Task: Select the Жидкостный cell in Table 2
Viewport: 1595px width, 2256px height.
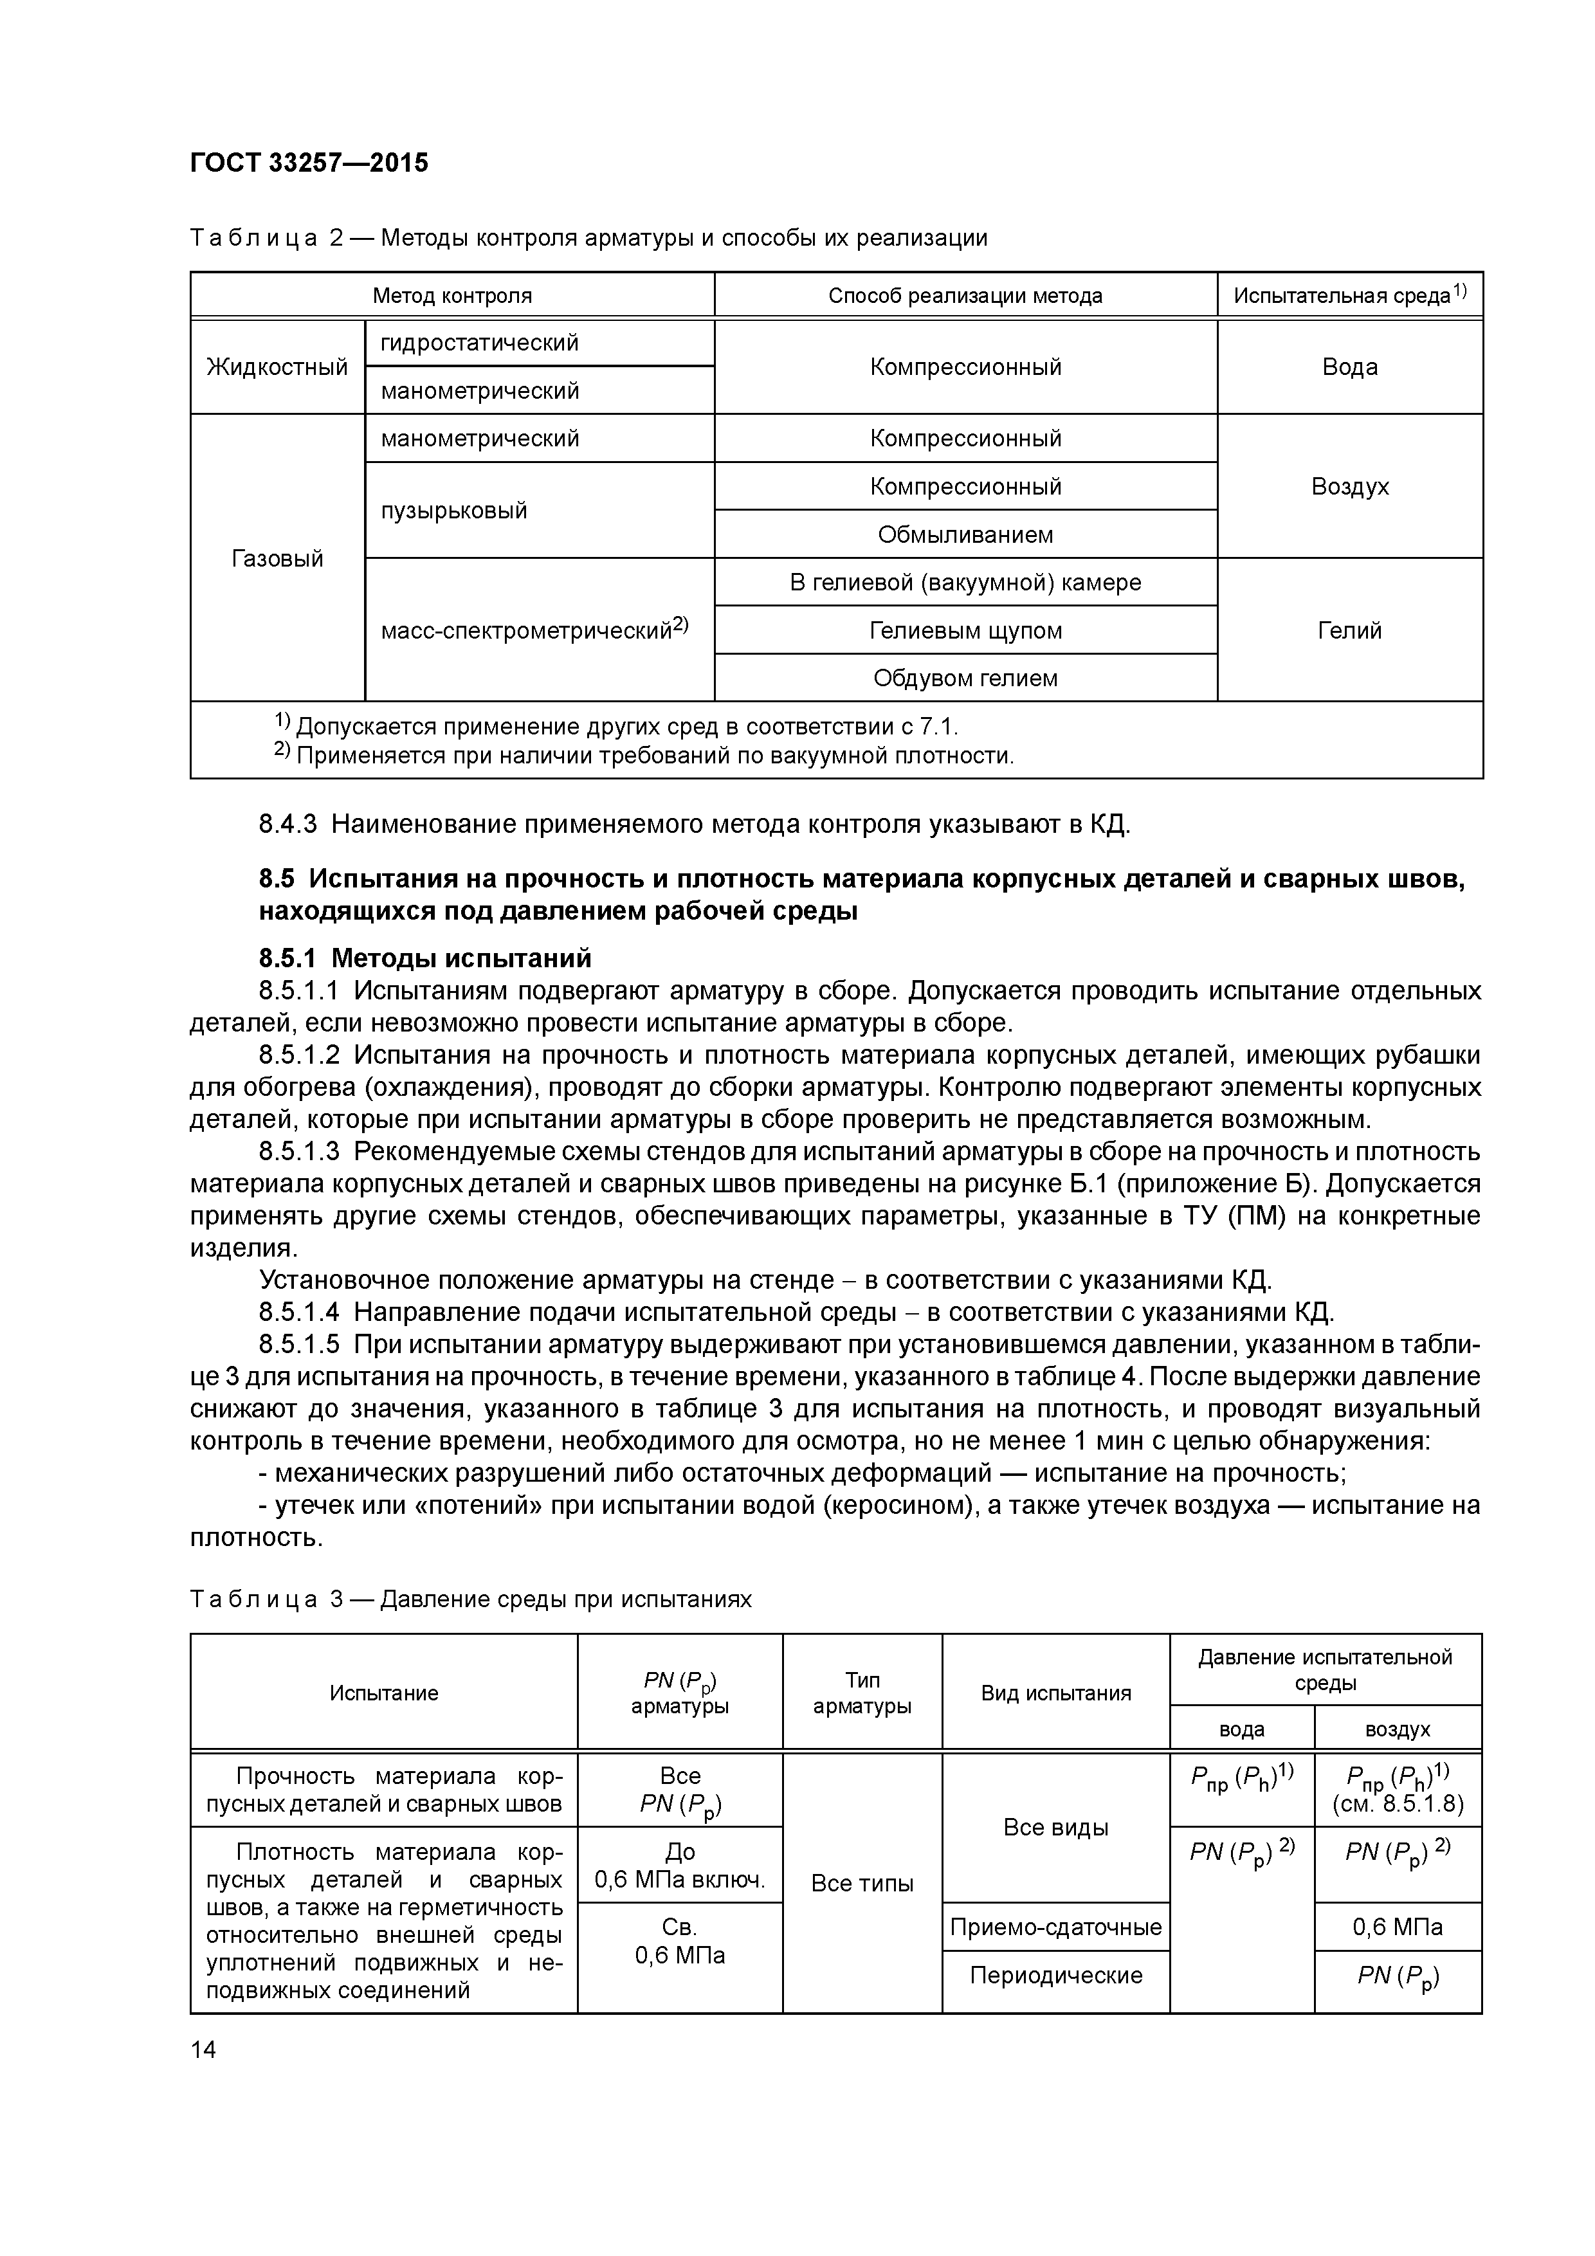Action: pos(277,367)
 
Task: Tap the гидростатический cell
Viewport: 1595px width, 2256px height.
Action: pos(480,343)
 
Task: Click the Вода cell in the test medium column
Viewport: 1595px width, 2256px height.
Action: pos(1349,367)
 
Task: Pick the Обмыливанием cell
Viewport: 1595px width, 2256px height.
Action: pos(965,534)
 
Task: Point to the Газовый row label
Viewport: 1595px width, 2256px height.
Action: pos(277,558)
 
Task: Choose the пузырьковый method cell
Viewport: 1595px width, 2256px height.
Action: pos(454,510)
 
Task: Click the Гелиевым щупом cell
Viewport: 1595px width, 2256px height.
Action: pos(965,630)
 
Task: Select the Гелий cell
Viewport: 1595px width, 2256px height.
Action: pos(1349,630)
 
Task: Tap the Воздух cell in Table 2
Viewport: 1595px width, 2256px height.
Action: pos(1349,486)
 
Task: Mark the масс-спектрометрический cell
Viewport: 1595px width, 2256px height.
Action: pos(534,630)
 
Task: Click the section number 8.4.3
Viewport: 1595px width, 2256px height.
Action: pos(288,823)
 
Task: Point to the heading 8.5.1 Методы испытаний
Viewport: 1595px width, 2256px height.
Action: pos(424,957)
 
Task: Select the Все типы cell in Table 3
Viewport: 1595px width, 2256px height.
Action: pos(862,1882)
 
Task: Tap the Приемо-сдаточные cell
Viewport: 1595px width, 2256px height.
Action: pos(1055,1927)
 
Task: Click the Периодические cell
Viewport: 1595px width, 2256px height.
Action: pos(1055,1975)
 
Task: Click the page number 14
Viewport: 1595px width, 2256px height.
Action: pos(203,2050)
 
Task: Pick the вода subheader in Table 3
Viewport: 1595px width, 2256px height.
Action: pos(1241,1729)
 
